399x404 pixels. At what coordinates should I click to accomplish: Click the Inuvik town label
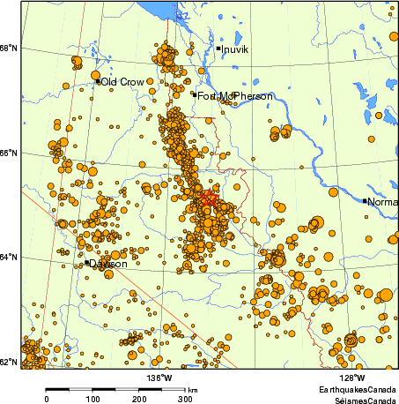[236, 49]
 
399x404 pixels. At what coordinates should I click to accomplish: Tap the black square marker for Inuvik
[218, 49]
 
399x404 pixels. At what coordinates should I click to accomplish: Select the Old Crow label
[122, 82]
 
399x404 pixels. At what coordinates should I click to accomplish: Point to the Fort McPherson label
[228, 96]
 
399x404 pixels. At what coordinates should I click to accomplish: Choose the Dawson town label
[108, 264]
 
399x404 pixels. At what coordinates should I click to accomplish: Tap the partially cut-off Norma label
[382, 202]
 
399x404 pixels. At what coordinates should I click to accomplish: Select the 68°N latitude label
[10, 48]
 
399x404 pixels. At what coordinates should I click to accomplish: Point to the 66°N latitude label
[10, 153]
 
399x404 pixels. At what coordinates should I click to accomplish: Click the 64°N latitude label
[10, 258]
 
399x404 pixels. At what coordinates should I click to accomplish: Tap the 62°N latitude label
[10, 363]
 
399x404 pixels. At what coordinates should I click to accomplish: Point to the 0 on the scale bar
[46, 399]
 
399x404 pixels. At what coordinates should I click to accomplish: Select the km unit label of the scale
[192, 389]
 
